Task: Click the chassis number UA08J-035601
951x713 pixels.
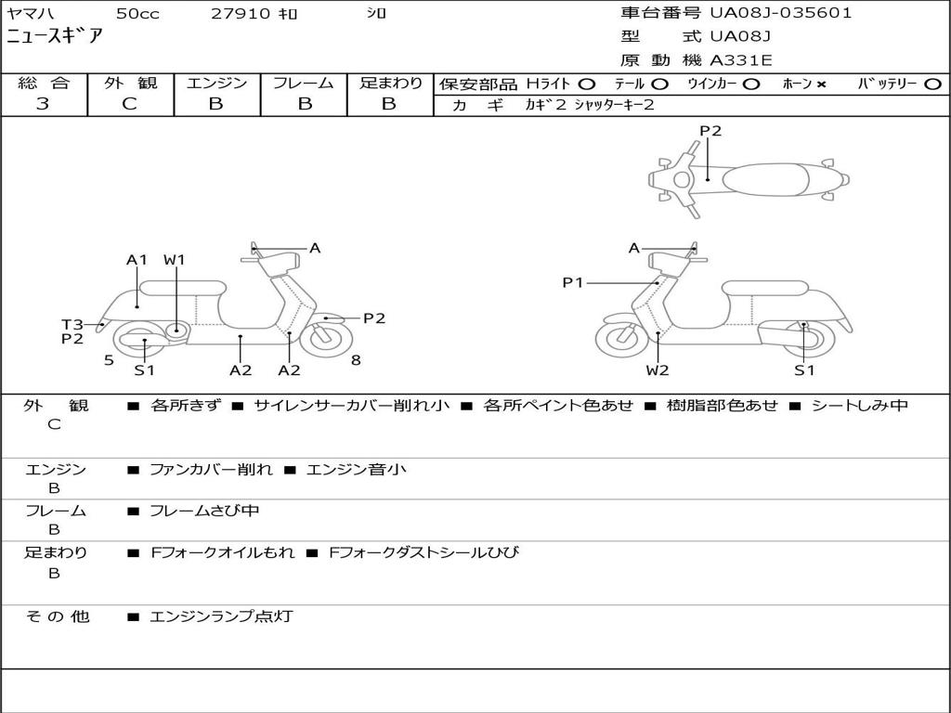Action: click(x=781, y=13)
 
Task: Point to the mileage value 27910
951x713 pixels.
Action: click(x=240, y=14)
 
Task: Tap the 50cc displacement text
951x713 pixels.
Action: click(x=137, y=14)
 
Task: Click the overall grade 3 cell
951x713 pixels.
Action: click(x=43, y=104)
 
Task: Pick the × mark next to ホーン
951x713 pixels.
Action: click(x=821, y=84)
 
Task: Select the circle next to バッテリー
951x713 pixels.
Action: click(x=932, y=84)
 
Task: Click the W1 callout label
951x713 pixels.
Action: click(x=175, y=260)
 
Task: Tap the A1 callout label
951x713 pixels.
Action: click(x=137, y=260)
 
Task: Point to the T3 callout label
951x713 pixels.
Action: click(x=72, y=324)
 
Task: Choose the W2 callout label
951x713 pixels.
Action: click(x=658, y=370)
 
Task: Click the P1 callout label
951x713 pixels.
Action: click(x=573, y=282)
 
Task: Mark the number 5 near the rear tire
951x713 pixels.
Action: click(x=109, y=360)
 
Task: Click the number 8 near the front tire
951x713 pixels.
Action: click(x=356, y=360)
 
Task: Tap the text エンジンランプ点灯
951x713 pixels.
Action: click(x=221, y=616)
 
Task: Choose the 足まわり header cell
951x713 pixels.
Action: click(x=390, y=84)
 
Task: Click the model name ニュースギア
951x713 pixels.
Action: click(x=56, y=37)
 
